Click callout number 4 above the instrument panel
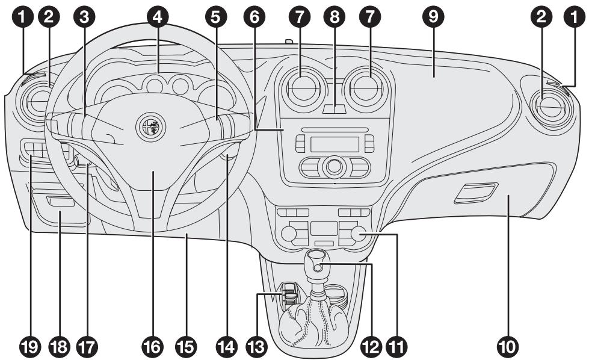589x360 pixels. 157,17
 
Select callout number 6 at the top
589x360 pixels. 256,17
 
